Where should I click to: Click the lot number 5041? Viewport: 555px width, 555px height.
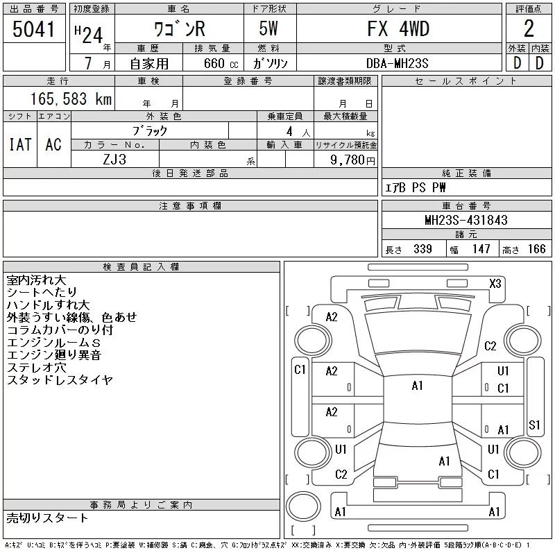(33, 29)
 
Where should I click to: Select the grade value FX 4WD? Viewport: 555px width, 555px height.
(398, 28)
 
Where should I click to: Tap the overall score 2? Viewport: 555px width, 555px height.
(529, 28)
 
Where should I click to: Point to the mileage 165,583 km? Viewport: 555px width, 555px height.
(71, 99)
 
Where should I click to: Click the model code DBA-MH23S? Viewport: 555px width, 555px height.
(397, 63)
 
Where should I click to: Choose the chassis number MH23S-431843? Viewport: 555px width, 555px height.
(466, 220)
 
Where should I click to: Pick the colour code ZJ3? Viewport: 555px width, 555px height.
(114, 160)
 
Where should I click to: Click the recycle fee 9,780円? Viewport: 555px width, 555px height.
(352, 160)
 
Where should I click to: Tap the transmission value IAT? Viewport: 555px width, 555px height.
(20, 144)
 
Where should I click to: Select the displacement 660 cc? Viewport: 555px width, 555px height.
(221, 63)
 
